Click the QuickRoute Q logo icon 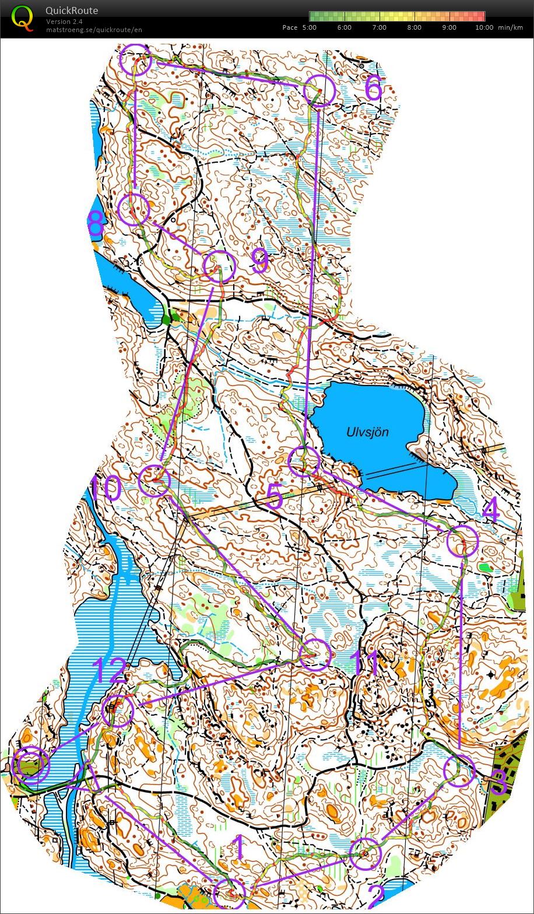click(x=23, y=17)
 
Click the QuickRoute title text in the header click(x=72, y=10)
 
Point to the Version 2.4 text click(x=64, y=22)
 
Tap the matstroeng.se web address click(x=94, y=30)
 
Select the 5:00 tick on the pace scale click(x=310, y=27)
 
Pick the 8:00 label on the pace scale click(x=414, y=27)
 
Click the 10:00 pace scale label click(x=484, y=27)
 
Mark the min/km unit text click(x=511, y=27)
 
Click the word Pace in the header click(x=290, y=27)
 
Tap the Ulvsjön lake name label click(x=367, y=432)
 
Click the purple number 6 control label click(x=373, y=89)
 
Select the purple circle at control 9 click(x=220, y=267)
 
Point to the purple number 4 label click(x=490, y=512)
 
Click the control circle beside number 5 click(x=304, y=461)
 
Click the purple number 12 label click(x=110, y=671)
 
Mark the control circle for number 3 click(x=459, y=770)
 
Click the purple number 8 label click(x=96, y=224)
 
